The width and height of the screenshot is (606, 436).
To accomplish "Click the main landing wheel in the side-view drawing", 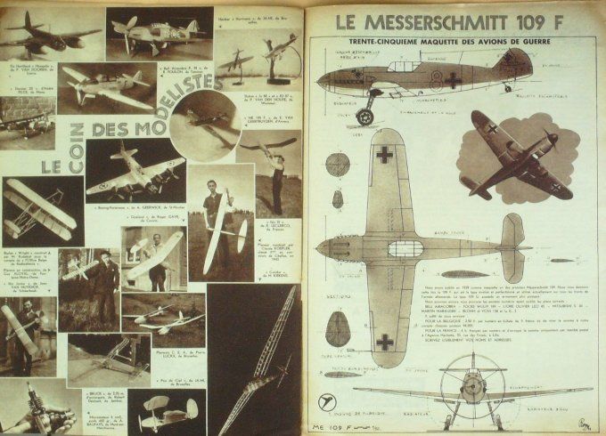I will coord(366,117).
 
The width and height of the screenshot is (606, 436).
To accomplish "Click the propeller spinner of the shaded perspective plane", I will coord(551,138).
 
